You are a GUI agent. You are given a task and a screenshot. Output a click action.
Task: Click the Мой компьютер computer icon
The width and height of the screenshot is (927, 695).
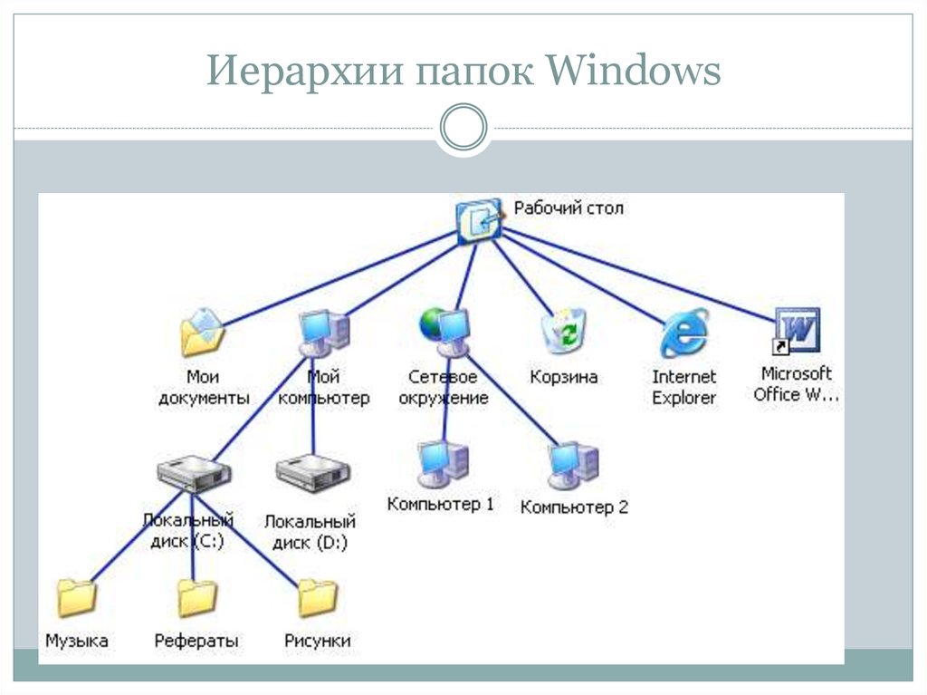click(323, 333)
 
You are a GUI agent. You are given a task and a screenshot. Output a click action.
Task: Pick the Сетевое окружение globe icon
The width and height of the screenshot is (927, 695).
click(444, 332)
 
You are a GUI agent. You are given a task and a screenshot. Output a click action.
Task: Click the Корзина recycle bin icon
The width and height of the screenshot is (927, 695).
click(563, 332)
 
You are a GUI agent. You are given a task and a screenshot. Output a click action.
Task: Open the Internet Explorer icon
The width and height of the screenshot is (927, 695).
click(683, 333)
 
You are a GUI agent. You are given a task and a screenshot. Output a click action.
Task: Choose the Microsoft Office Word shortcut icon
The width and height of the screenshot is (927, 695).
click(796, 331)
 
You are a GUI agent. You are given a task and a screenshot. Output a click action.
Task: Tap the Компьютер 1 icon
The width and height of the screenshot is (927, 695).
click(442, 463)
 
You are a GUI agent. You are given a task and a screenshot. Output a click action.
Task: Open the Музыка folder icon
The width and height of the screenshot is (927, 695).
click(77, 598)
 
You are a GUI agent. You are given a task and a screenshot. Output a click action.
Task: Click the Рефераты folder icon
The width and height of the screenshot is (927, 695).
click(196, 598)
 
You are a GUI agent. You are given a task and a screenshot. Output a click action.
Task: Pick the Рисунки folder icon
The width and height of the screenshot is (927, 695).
click(317, 598)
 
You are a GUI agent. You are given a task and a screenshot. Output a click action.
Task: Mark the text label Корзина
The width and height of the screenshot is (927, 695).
click(563, 377)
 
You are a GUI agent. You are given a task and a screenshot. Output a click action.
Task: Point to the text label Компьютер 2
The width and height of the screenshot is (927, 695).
click(574, 507)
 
